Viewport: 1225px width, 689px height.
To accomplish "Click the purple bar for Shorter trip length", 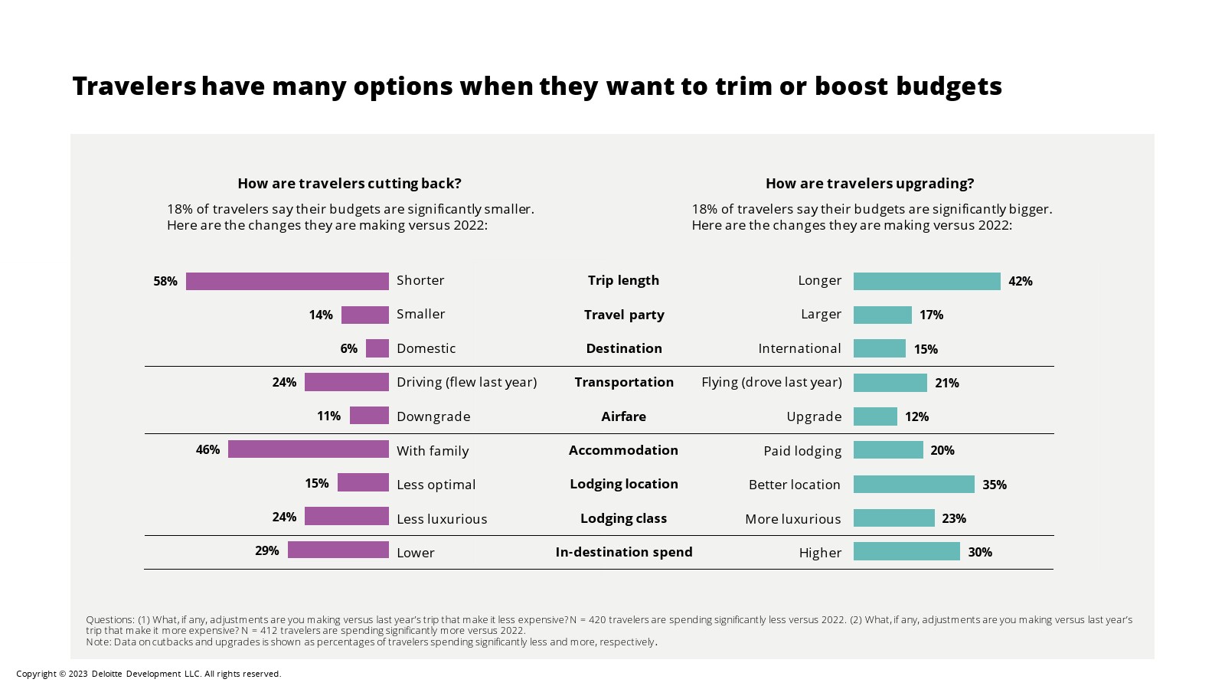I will pyautogui.click(x=287, y=281).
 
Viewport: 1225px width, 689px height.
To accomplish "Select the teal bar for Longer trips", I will pyautogui.click(x=926, y=281).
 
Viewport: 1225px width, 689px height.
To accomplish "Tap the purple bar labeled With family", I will pyautogui.click(x=309, y=449).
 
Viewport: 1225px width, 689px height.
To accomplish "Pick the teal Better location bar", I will pyautogui.click(x=913, y=484).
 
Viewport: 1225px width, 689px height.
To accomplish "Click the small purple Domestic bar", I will pyautogui.click(x=377, y=348).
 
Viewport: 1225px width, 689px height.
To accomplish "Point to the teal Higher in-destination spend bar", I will pyautogui.click(x=906, y=551).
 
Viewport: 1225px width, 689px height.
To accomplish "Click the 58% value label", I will pyautogui.click(x=165, y=281).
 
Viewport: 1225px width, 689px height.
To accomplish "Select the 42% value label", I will pyautogui.click(x=1020, y=281).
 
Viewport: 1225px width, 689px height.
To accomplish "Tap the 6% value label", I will pyautogui.click(x=348, y=348).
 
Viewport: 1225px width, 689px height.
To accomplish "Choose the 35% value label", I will pyautogui.click(x=994, y=485).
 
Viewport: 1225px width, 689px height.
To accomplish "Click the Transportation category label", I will pyautogui.click(x=624, y=382).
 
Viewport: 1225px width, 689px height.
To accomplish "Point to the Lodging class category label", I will pyautogui.click(x=623, y=518).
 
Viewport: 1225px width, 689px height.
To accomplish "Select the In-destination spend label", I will pyautogui.click(x=624, y=552).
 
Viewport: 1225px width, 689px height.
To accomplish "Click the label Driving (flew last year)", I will pyautogui.click(x=466, y=382).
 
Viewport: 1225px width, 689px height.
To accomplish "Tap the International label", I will pyautogui.click(x=799, y=348).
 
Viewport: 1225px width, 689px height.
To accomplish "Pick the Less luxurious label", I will pyautogui.click(x=442, y=518).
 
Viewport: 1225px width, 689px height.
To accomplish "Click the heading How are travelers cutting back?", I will pyautogui.click(x=349, y=183).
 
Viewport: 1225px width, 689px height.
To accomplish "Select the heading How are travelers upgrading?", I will pyautogui.click(x=870, y=183).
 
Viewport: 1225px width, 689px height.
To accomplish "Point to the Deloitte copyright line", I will pyautogui.click(x=149, y=674).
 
